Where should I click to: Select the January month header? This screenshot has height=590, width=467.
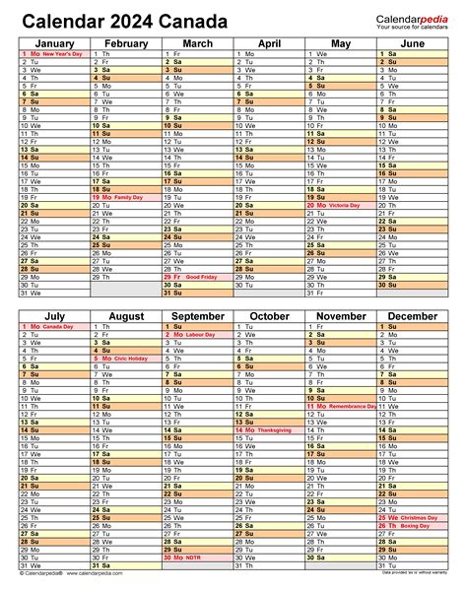pyautogui.click(x=54, y=43)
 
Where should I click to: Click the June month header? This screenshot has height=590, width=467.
pyautogui.click(x=413, y=43)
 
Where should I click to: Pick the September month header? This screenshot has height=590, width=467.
pyautogui.click(x=197, y=316)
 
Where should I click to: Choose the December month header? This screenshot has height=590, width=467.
pyautogui.click(x=413, y=316)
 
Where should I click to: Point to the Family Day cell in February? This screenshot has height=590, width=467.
pyautogui.click(x=125, y=197)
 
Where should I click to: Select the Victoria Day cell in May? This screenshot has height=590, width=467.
pyautogui.click(x=341, y=205)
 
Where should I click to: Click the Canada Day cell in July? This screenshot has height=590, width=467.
pyautogui.click(x=54, y=326)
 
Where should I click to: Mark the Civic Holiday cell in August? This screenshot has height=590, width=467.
pyautogui.click(x=125, y=359)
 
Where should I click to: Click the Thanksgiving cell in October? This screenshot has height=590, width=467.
pyautogui.click(x=269, y=429)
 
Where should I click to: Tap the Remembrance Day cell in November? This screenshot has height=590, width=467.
pyautogui.click(x=341, y=406)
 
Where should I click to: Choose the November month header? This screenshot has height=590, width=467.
pyautogui.click(x=341, y=316)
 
